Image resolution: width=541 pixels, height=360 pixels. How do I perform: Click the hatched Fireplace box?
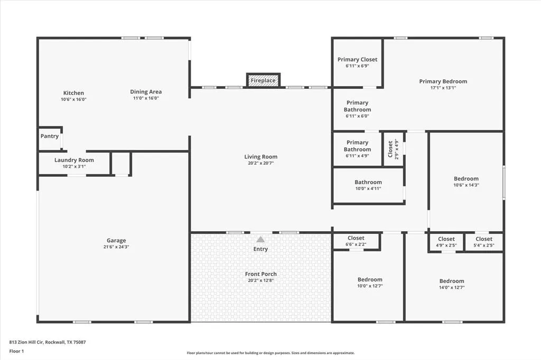[x=263, y=80]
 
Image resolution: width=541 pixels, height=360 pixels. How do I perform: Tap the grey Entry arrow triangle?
[x=260, y=239]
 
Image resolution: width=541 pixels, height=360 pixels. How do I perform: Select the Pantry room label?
[x=50, y=136]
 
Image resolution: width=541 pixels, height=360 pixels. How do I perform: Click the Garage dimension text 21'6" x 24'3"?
[x=116, y=247]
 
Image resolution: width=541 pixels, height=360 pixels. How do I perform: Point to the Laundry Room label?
[x=74, y=160]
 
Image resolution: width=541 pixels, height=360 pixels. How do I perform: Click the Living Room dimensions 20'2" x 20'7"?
[x=261, y=163]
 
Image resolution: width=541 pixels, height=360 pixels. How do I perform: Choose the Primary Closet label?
[x=358, y=59]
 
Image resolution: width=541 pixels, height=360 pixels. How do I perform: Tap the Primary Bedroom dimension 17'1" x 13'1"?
[x=443, y=88]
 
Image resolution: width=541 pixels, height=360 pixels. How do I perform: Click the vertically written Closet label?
[x=390, y=149]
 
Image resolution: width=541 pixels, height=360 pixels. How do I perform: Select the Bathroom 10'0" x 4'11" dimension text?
[x=368, y=188]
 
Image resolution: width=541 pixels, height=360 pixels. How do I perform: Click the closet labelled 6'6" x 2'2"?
[x=356, y=241]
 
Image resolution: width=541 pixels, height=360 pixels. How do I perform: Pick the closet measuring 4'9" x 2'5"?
[x=446, y=242]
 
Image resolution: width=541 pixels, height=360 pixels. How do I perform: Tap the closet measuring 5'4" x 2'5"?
[x=484, y=242]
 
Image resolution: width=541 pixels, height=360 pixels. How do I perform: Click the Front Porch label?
[x=261, y=274]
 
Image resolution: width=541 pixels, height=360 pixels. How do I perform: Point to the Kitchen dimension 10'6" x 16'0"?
[x=73, y=99]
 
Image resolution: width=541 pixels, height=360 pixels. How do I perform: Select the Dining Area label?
[x=146, y=92]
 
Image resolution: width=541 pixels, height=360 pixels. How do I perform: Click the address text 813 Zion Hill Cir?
[x=26, y=343]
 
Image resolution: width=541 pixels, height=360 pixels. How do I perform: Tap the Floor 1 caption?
[x=16, y=352]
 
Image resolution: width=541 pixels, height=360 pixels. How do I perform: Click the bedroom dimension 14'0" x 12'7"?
[x=452, y=288]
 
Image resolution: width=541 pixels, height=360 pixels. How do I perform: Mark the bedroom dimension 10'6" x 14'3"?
[x=467, y=185]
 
